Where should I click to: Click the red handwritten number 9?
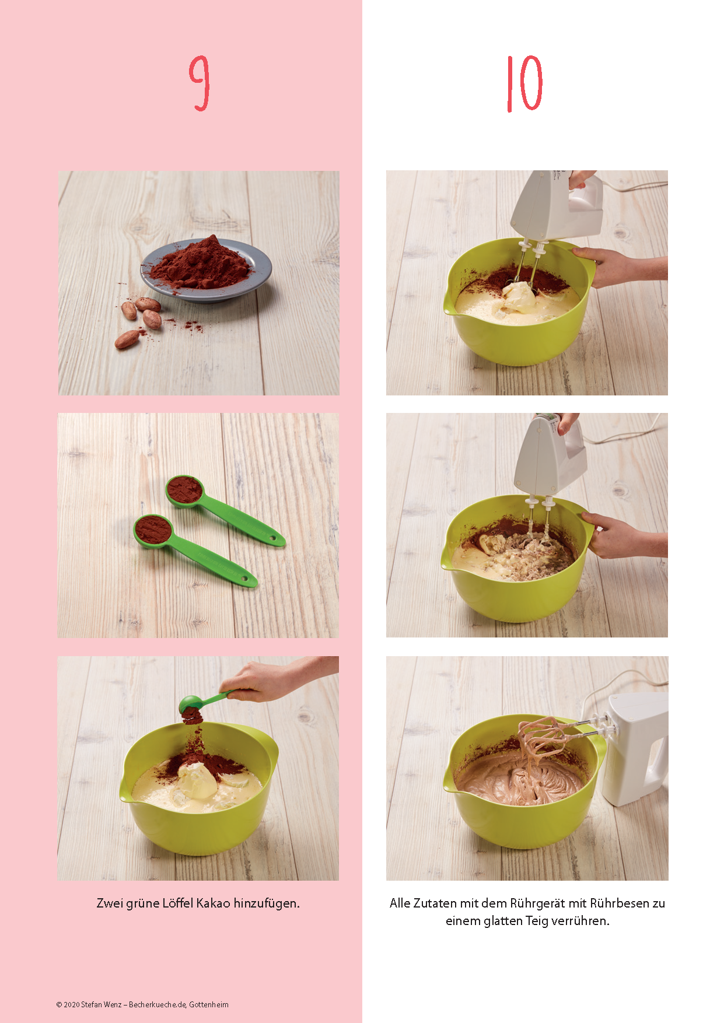coord(200,83)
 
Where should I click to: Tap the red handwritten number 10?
coord(524,83)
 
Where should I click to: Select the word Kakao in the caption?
coord(213,903)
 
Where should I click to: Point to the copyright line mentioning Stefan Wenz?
coord(142,1004)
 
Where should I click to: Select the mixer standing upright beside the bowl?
coord(635,749)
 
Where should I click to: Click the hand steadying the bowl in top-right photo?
coord(618,265)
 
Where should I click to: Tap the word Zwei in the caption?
coord(110,903)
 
